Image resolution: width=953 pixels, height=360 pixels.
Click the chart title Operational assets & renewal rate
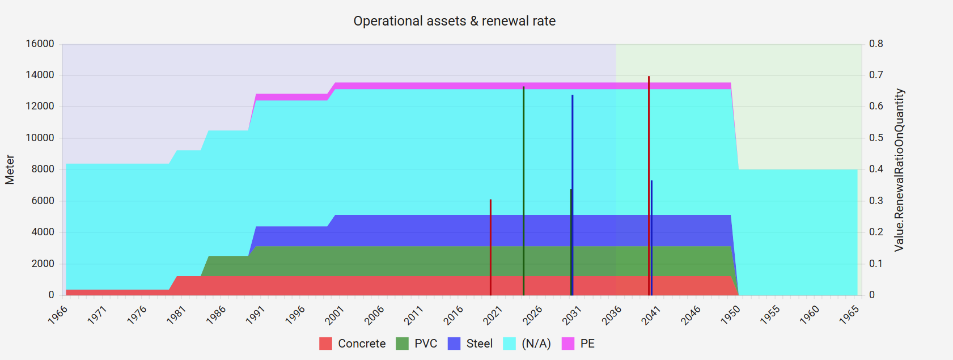pos(454,21)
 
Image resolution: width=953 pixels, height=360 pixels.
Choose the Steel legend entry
pos(470,344)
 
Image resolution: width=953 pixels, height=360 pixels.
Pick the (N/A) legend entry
pos(527,344)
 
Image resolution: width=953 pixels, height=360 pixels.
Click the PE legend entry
pos(578,344)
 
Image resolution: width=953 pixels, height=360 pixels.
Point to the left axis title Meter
pos(10,170)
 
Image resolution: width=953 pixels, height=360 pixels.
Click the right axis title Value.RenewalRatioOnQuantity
pos(899,170)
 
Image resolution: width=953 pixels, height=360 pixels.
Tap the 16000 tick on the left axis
pos(40,44)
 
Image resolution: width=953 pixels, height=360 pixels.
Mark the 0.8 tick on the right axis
pos(876,44)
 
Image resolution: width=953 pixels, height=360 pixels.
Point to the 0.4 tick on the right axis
pos(876,170)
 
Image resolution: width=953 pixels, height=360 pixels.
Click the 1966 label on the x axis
pos(58,315)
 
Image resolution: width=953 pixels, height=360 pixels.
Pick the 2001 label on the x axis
pos(334,315)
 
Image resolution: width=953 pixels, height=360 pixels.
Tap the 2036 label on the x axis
pos(612,315)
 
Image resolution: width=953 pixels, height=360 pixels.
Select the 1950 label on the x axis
pos(730,315)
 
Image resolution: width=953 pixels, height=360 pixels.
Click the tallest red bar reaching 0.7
pos(649,187)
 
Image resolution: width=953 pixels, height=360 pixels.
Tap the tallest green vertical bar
pos(523,193)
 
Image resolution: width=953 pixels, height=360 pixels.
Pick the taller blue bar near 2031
pos(573,196)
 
